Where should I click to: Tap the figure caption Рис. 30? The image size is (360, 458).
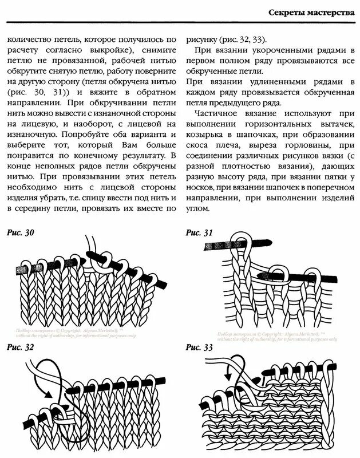point(21,233)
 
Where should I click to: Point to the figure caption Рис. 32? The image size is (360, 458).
point(21,348)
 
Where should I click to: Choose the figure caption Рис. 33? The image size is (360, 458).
point(200,348)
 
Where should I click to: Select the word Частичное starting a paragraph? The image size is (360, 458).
point(216,114)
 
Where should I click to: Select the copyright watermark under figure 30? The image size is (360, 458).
point(72,334)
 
